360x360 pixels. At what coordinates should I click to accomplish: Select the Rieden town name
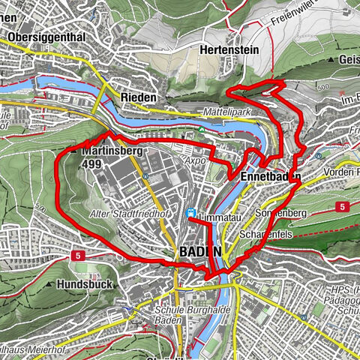tap(136, 98)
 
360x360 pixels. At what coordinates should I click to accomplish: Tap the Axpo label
tap(195, 160)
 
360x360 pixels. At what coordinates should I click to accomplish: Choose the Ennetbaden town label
tap(271, 177)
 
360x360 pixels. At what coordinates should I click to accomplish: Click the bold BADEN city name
tap(200, 252)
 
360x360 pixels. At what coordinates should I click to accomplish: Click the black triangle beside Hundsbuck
tap(58, 285)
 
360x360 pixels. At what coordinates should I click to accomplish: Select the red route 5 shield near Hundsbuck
tap(78, 256)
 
